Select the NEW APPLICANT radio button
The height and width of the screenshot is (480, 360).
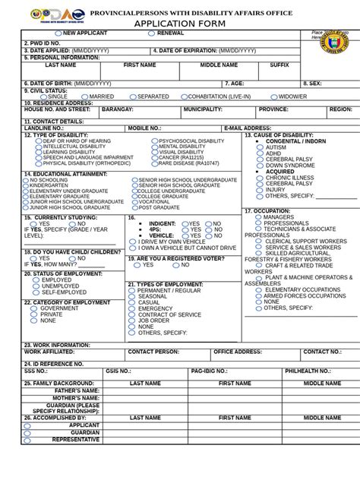point(58,34)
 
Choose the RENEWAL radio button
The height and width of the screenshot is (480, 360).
point(154,34)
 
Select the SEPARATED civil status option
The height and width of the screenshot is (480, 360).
point(134,97)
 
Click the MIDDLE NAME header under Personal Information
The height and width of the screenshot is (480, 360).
point(219,66)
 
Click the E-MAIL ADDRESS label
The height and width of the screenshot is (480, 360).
point(247,128)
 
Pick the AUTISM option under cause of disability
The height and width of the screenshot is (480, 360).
point(261,147)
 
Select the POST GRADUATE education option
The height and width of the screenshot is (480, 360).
point(134,207)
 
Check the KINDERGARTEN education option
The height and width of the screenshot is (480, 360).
point(27,185)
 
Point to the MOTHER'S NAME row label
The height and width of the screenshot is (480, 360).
point(75,398)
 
